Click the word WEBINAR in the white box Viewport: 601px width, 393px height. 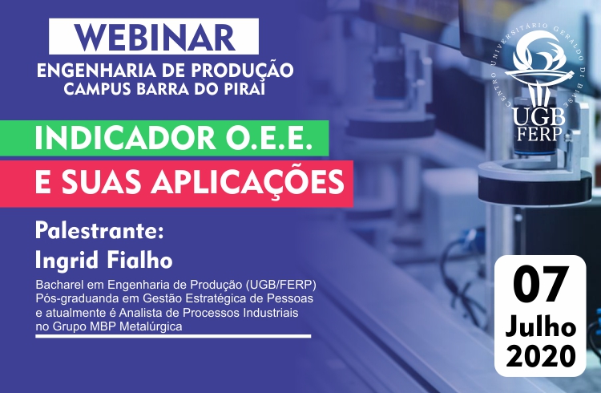click(155, 38)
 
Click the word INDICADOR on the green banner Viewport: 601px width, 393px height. click(126, 138)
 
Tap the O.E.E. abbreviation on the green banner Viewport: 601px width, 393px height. click(268, 138)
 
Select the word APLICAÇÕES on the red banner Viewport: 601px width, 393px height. click(248, 182)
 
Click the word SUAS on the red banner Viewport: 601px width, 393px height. click(103, 181)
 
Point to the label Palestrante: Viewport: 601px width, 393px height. click(99, 231)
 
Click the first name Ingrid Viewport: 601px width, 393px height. click(67, 260)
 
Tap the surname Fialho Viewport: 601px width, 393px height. click(139, 259)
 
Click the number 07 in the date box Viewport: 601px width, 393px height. click(539, 286)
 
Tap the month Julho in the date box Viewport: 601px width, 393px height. click(540, 327)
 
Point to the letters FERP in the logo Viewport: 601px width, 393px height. click(540, 133)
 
